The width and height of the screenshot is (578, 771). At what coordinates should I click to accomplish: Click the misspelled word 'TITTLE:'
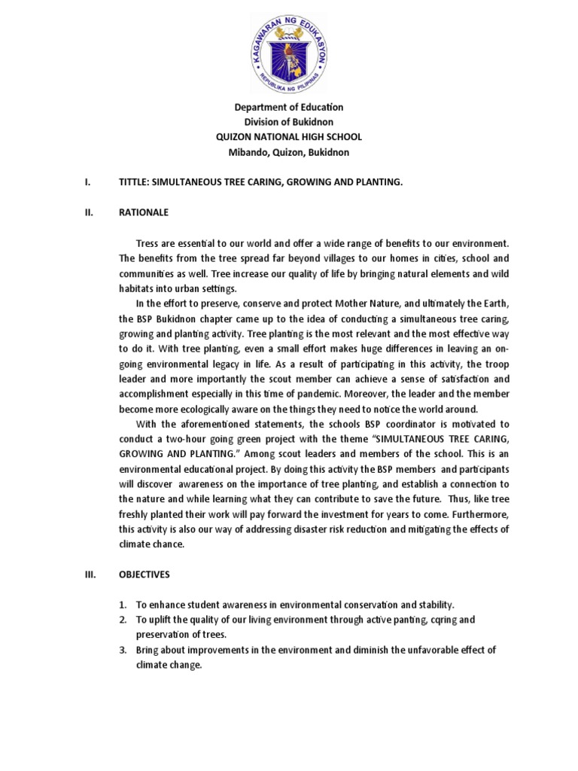point(135,183)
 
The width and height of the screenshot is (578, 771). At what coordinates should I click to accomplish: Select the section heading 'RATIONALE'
point(144,213)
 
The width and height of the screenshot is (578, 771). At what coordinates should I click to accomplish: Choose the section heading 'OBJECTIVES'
point(144,574)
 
